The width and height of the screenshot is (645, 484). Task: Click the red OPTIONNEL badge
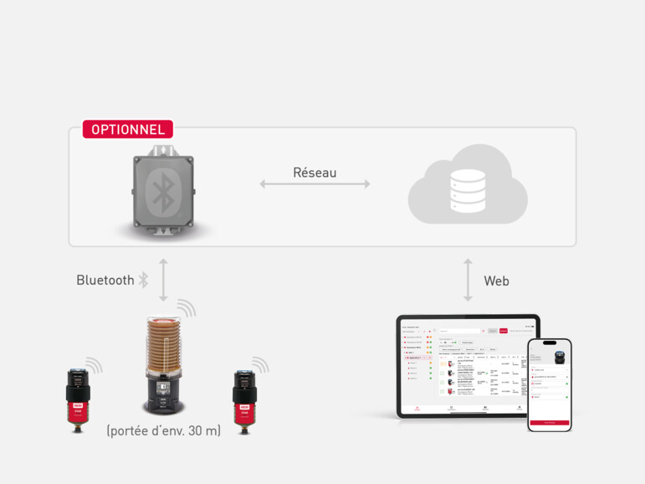coord(128,130)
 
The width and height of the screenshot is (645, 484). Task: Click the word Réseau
coord(315,172)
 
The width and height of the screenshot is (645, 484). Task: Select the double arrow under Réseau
coord(315,183)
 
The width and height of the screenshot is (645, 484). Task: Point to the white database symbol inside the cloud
coord(468,190)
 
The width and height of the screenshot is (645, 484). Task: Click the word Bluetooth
coord(105,281)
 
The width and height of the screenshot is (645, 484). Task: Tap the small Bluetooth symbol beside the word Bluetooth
coord(143,281)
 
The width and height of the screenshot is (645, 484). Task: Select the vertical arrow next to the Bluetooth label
coord(163,280)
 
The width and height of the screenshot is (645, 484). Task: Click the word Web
coord(496,281)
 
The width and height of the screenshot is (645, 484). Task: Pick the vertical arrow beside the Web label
coord(468,281)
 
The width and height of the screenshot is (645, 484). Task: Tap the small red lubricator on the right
coord(244,398)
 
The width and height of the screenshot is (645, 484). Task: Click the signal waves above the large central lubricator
coord(186,308)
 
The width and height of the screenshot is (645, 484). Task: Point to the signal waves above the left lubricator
coord(94,366)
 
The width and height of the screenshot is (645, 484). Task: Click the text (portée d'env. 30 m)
coord(163,430)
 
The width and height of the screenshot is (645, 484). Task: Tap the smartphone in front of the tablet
coord(550,384)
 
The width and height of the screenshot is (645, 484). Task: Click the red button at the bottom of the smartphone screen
coord(550,422)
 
